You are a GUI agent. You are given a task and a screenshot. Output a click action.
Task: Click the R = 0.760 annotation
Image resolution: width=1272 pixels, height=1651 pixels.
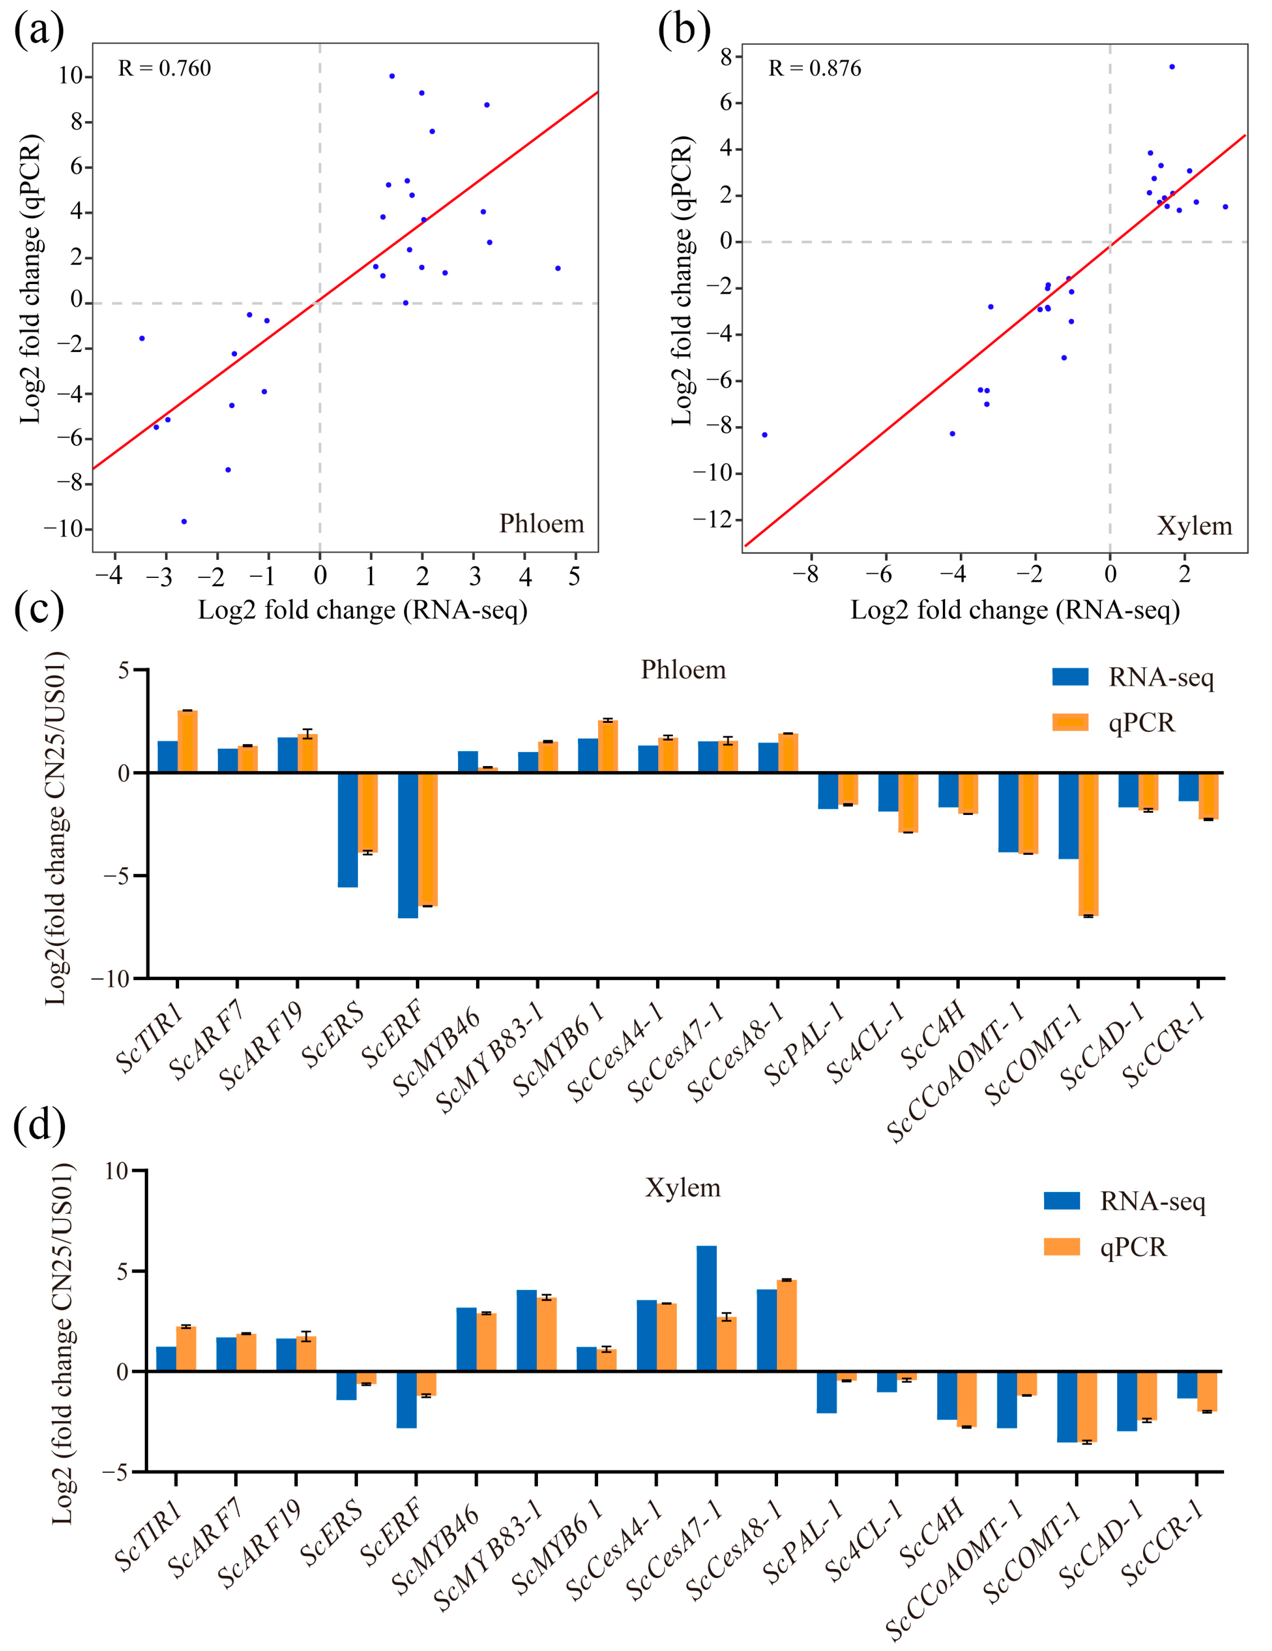click(x=164, y=69)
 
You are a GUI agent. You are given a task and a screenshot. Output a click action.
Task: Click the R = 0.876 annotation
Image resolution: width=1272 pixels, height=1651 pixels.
click(x=814, y=69)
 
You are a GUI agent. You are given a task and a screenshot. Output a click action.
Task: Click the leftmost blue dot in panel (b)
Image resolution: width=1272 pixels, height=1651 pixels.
click(x=765, y=434)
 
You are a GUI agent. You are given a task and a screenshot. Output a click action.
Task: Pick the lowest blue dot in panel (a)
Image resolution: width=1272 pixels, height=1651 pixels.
click(x=184, y=522)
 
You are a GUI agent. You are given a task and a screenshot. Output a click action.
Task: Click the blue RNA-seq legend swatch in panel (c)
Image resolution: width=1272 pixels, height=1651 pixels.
click(x=1070, y=677)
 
